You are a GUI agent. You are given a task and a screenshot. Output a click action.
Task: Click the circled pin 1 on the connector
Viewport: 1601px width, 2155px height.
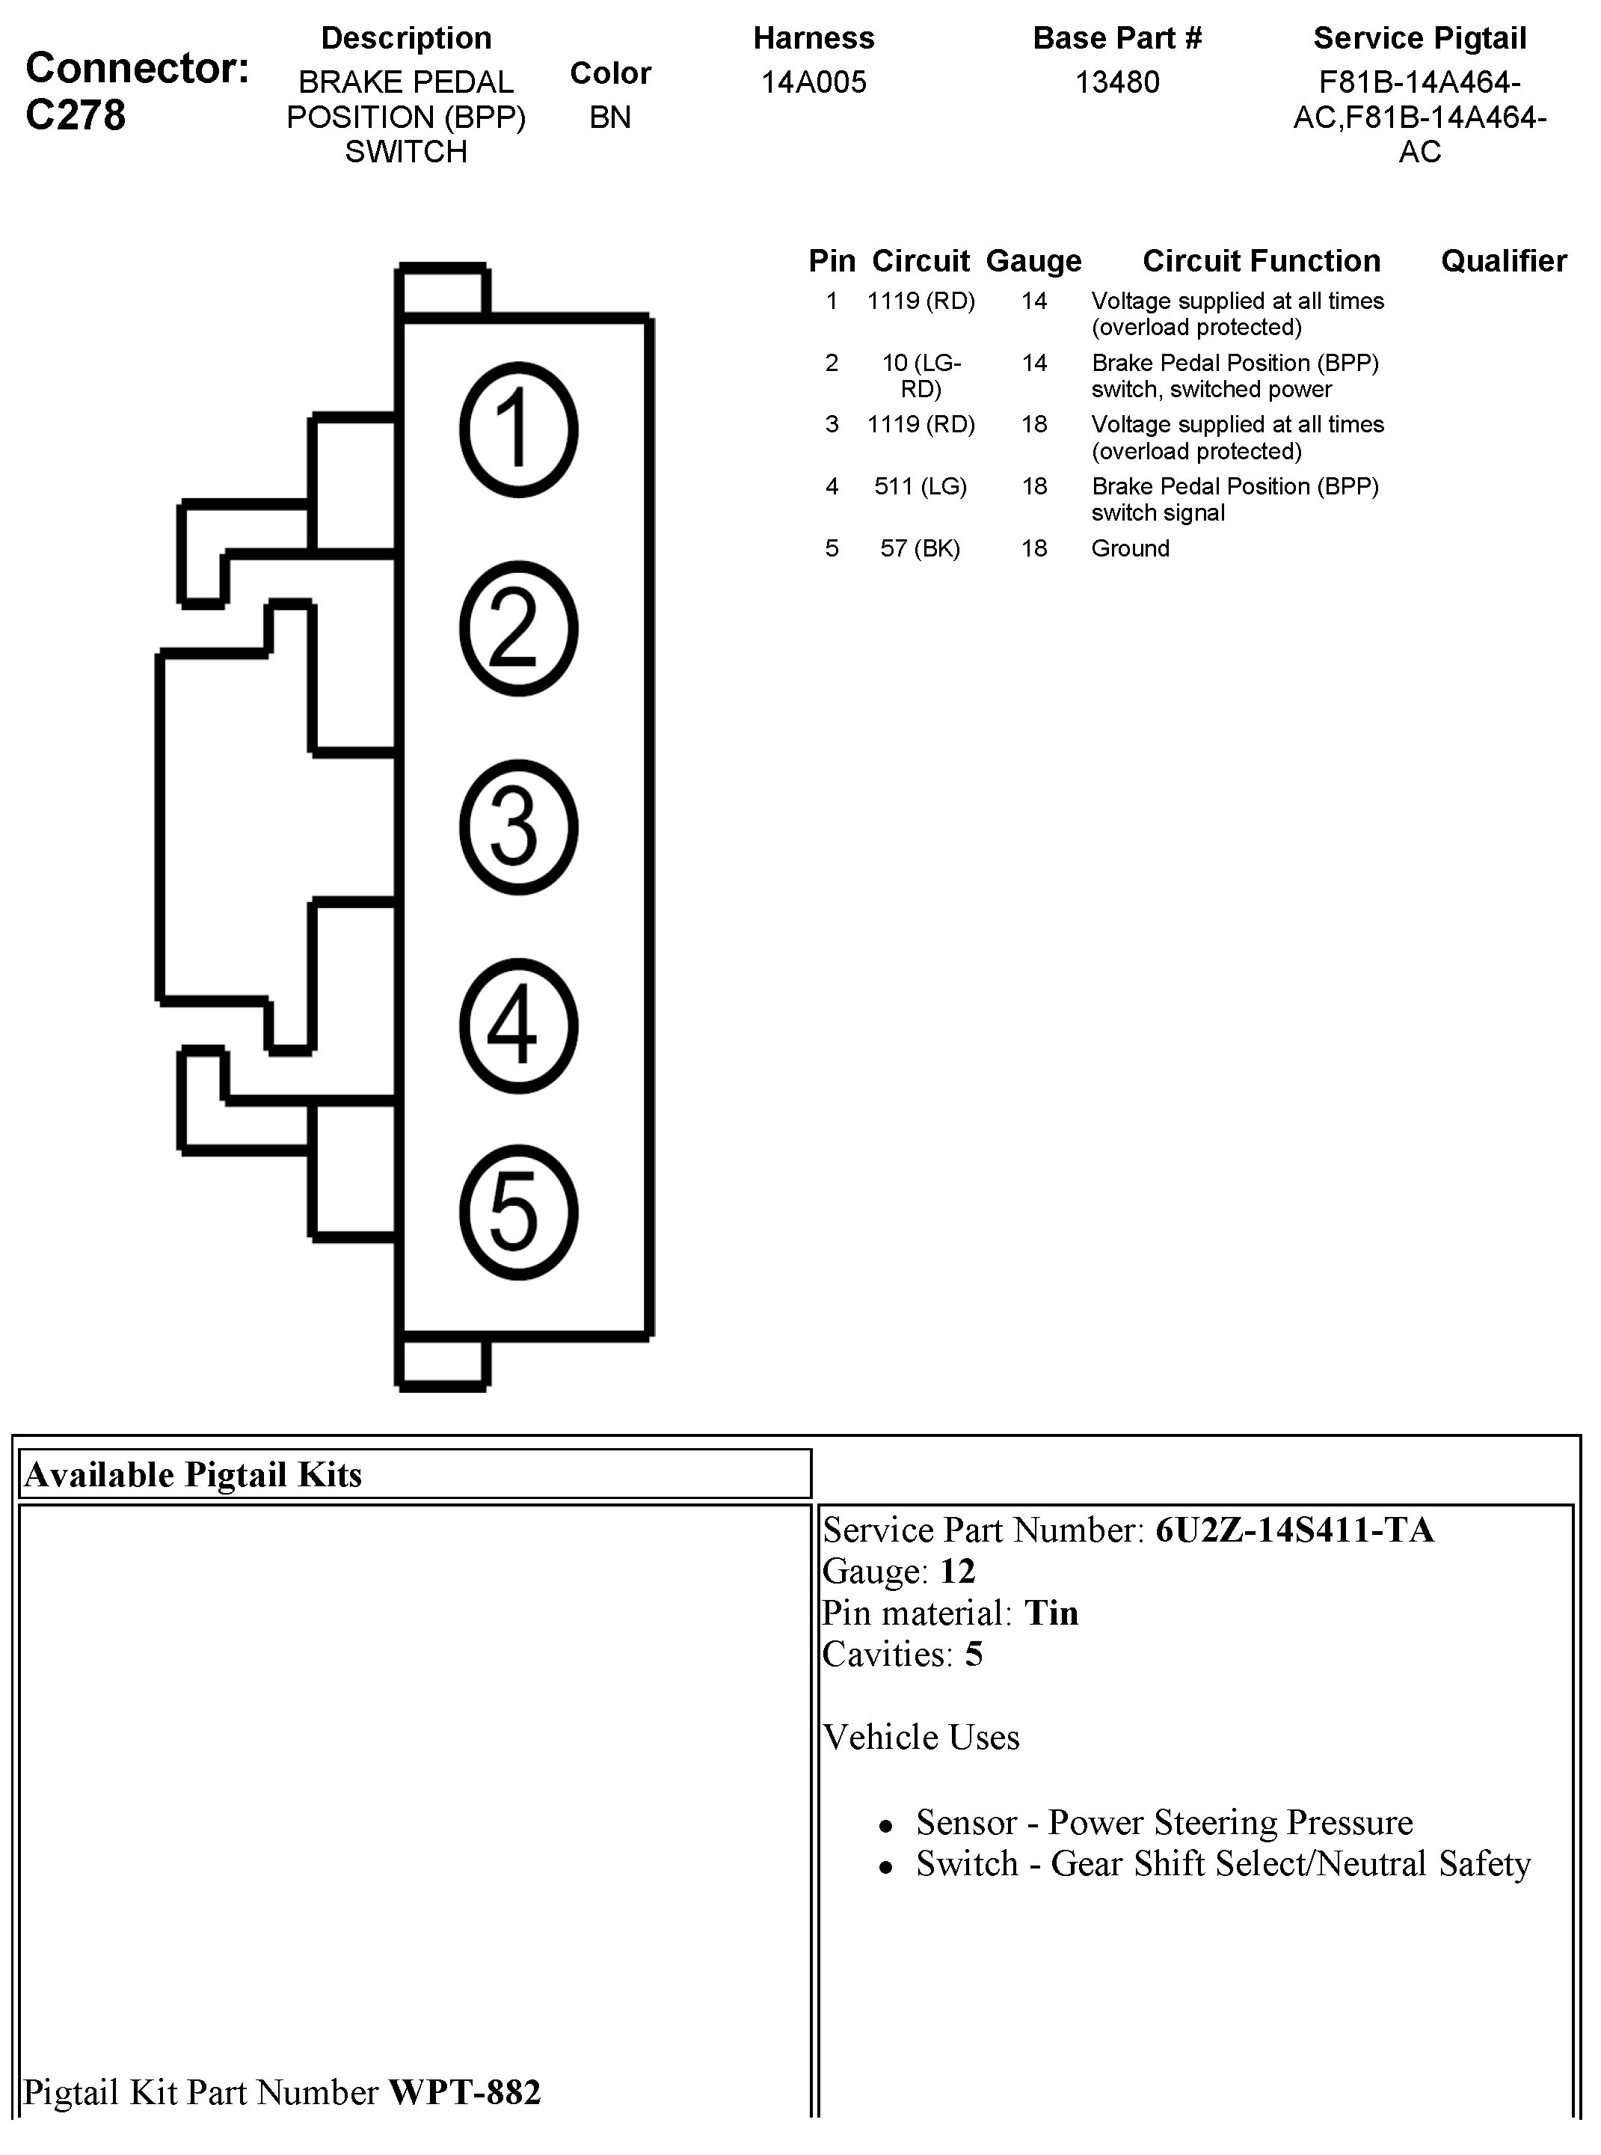[x=518, y=429]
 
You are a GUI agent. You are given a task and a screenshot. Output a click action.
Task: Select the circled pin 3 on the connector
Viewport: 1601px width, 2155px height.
[x=518, y=826]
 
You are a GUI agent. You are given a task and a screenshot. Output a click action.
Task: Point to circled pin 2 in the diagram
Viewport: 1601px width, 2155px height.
[x=518, y=628]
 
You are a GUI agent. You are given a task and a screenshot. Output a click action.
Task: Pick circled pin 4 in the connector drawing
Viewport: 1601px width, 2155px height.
[x=518, y=1025]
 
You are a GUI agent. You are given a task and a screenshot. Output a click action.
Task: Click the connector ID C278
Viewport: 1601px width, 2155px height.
[x=76, y=115]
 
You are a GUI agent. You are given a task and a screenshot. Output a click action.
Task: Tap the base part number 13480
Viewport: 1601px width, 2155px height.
[x=1116, y=82]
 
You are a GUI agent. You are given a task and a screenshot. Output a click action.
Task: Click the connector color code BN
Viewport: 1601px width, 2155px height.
[x=609, y=117]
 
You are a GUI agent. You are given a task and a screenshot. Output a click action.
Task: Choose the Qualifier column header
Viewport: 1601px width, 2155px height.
[x=1503, y=261]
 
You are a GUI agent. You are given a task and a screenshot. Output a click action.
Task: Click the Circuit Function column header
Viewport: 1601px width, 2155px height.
[x=1261, y=261]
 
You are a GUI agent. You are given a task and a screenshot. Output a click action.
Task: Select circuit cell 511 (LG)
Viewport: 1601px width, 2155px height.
[x=920, y=487]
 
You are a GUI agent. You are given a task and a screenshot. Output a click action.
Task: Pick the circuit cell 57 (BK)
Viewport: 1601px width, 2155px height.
[x=920, y=549]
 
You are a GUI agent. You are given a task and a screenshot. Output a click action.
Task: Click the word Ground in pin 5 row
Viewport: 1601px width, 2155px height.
[x=1130, y=549]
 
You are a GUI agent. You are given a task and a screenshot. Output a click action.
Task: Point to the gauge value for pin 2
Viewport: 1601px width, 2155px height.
[x=1034, y=364]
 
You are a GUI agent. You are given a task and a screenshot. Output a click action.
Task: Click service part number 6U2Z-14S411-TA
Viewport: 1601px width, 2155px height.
[x=1294, y=1530]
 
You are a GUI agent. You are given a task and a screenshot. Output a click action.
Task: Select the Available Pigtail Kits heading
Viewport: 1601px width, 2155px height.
[x=193, y=1474]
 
